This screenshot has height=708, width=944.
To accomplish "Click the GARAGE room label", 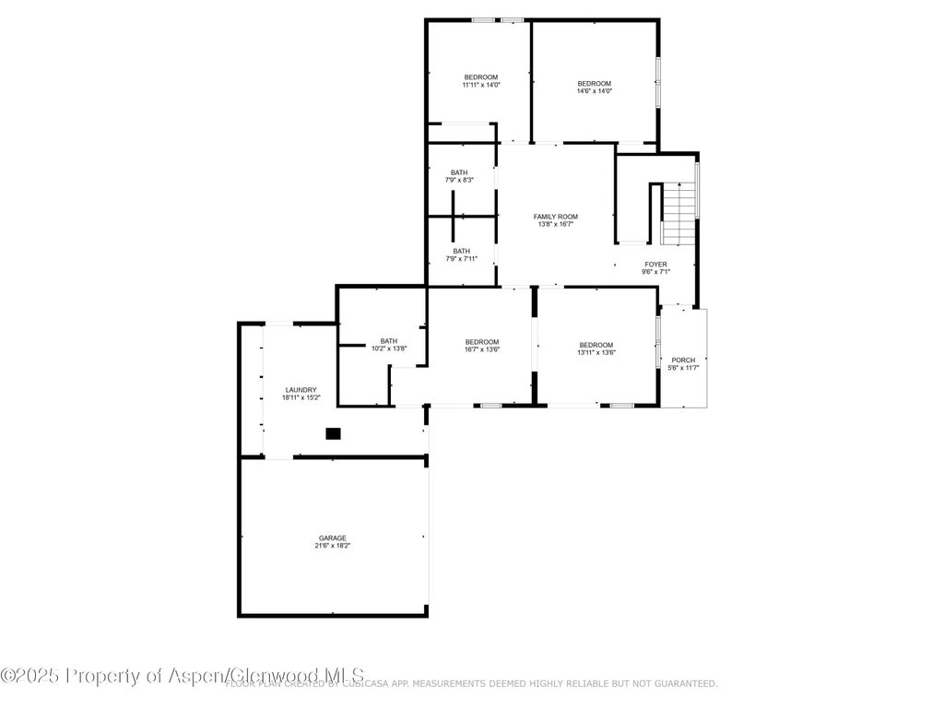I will click(x=332, y=537).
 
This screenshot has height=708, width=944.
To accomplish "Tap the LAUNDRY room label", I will click(x=301, y=390).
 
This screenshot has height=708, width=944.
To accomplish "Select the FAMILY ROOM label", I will click(x=556, y=216).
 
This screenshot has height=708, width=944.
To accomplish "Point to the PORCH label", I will click(x=683, y=360).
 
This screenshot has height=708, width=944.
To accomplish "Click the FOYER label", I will click(x=655, y=265).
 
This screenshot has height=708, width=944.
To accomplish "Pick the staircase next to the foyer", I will click(x=679, y=214).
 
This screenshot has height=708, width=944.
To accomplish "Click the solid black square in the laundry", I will click(x=333, y=433).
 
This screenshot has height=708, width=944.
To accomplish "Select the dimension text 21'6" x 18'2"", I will click(x=332, y=546).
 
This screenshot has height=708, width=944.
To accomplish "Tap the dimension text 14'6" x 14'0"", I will click(x=594, y=91).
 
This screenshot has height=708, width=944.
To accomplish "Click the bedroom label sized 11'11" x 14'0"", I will click(x=480, y=77).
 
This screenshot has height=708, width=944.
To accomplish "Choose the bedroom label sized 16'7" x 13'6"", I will click(x=481, y=342).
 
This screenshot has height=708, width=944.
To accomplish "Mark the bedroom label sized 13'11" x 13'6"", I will click(x=596, y=344).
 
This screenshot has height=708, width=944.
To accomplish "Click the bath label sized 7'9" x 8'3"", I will click(x=459, y=172).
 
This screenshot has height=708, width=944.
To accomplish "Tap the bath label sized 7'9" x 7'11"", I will click(x=461, y=251).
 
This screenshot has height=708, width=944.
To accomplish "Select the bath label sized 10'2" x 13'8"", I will click(x=388, y=341).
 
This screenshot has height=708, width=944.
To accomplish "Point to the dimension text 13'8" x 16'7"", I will click(x=556, y=224).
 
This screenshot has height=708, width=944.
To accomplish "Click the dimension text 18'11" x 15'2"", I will click(x=301, y=398).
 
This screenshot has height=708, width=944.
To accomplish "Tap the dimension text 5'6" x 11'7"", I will click(x=683, y=368).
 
